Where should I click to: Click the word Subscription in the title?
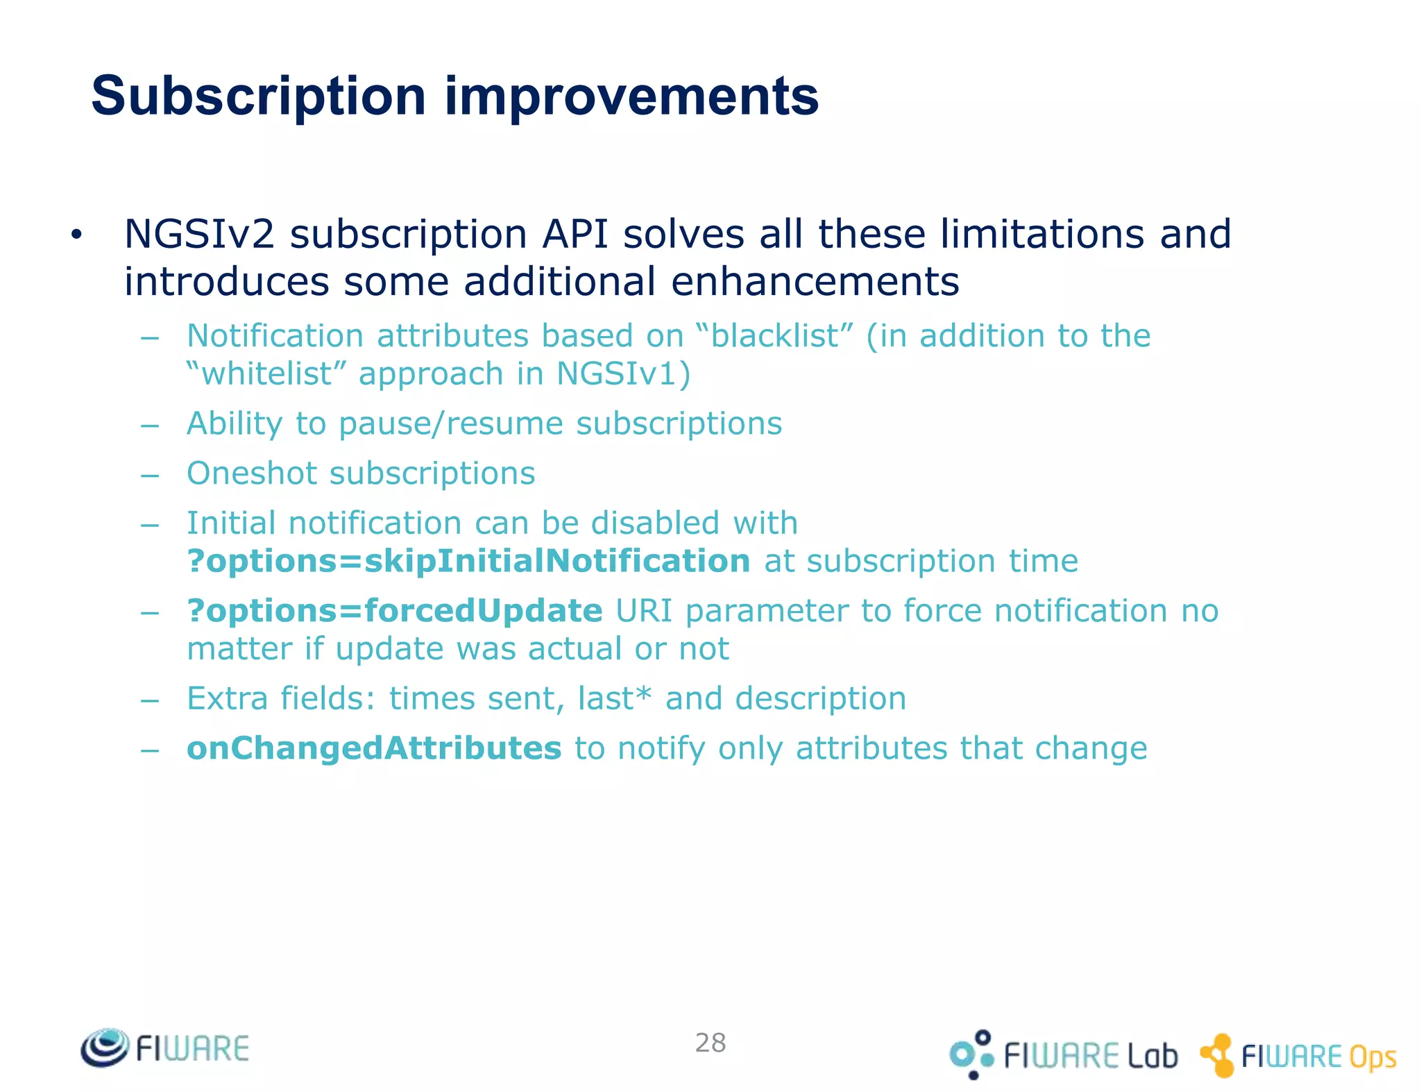tap(258, 96)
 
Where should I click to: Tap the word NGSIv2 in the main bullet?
tap(199, 234)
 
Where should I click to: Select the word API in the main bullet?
tap(575, 234)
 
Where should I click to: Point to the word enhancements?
tap(815, 283)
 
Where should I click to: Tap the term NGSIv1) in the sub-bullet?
tap(623, 374)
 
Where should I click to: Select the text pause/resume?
tap(451, 424)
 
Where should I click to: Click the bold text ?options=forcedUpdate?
tap(395, 611)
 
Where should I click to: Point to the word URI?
tap(644, 611)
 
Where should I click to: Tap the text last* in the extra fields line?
tap(614, 698)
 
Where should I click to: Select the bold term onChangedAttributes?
tap(374, 748)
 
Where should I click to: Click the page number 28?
tap(710, 1043)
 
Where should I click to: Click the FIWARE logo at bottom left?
tap(165, 1048)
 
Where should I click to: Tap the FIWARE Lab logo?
tap(1064, 1055)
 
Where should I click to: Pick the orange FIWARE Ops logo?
tap(1298, 1056)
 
